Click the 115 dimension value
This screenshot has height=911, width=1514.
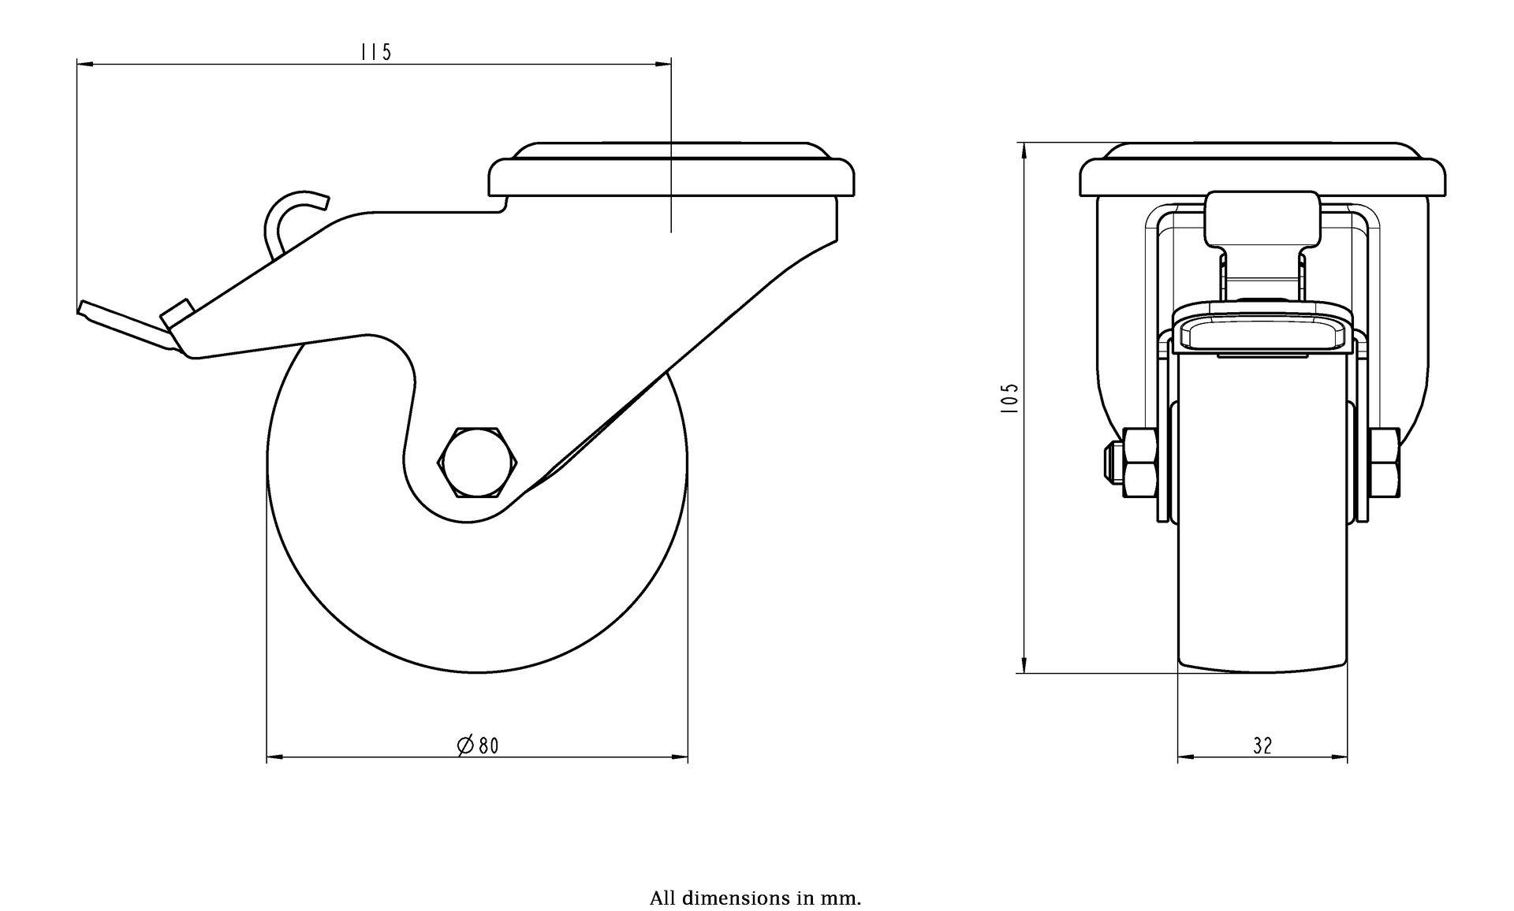click(375, 52)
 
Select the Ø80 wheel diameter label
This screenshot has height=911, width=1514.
click(478, 745)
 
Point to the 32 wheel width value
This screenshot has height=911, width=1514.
click(1262, 746)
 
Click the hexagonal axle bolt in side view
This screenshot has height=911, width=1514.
click(476, 463)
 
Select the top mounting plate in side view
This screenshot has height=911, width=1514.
click(671, 169)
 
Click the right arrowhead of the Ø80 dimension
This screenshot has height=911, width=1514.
click(680, 759)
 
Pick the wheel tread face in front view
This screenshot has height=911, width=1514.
click(1262, 512)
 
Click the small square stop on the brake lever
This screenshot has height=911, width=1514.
click(177, 310)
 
